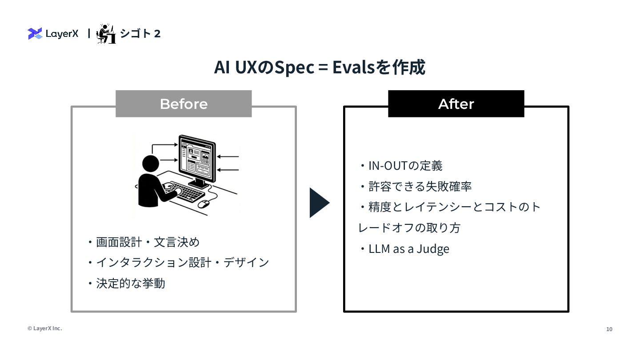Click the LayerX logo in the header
(x=53, y=33)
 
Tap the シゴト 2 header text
(x=140, y=33)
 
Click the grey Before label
(x=184, y=104)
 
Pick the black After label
(x=456, y=104)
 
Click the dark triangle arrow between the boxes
(x=319, y=203)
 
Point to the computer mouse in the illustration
(x=204, y=204)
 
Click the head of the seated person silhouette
(x=150, y=163)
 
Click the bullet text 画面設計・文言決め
(x=148, y=242)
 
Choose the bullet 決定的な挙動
(x=131, y=284)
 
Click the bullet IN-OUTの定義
(x=405, y=166)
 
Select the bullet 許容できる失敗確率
(x=420, y=186)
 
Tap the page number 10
(x=609, y=329)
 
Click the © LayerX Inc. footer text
(x=45, y=328)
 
